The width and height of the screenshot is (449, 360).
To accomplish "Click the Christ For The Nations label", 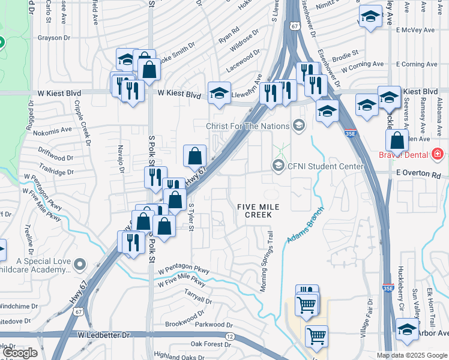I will coord(247,126).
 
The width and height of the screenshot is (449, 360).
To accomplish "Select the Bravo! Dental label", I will coord(411,155).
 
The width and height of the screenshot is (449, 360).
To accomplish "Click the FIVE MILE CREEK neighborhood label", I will coord(259,211).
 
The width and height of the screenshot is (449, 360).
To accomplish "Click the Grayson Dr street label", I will coord(53,38).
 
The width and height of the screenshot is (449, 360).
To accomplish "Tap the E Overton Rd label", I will coord(418,173).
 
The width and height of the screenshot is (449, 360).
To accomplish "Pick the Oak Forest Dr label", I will coord(211,344).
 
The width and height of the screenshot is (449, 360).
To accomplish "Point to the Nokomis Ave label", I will coord(52,129).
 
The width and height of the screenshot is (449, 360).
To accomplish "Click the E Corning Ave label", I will coord(420,64).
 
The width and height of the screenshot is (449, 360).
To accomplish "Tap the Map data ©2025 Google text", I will coord(412,355).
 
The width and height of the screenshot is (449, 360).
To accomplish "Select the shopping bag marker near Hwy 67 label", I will coord(195,157).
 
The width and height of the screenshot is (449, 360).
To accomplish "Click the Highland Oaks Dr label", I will coord(178,356).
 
